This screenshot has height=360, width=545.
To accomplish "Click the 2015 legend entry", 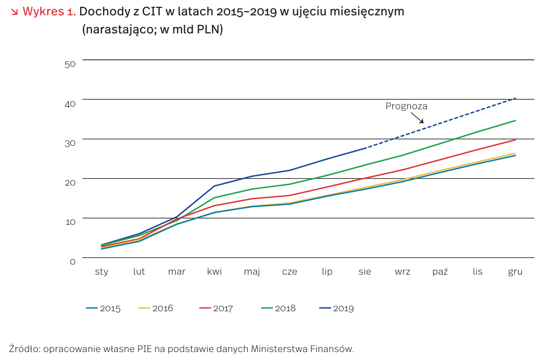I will (103, 309).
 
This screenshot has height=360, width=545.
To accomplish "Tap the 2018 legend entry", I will (279, 309).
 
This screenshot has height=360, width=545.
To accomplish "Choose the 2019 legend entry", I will (336, 309).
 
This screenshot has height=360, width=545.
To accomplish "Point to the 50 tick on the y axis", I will (70, 64).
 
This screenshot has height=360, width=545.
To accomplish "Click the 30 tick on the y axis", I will (70, 142).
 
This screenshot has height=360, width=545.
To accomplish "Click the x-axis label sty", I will (101, 272).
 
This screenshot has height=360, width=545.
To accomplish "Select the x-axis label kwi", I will (214, 272).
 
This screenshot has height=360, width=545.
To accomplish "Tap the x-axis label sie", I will (365, 272).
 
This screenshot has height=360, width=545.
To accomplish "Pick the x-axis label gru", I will (515, 273).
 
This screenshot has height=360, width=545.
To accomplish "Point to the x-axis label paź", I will (440, 272).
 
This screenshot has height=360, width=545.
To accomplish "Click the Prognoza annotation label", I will (406, 106).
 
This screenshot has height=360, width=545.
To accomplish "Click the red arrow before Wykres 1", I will (14, 12).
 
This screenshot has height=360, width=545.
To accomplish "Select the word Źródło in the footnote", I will (24, 348).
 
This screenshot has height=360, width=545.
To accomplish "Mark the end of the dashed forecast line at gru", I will (515, 98).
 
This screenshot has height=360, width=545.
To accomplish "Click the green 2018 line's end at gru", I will (515, 120).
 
